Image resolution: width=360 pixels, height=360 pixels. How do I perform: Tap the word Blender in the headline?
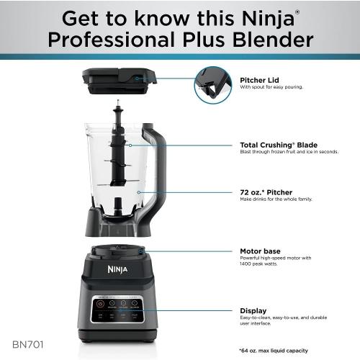(273, 40)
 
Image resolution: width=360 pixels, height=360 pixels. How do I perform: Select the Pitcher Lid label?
(258, 80)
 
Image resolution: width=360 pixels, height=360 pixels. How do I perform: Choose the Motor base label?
(260, 251)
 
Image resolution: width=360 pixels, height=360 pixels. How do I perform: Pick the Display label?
(253, 310)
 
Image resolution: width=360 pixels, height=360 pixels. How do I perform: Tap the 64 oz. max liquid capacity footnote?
(274, 350)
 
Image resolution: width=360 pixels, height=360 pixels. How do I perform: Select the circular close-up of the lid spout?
(214, 85)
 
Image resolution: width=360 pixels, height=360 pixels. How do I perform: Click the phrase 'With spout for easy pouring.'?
(272, 87)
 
